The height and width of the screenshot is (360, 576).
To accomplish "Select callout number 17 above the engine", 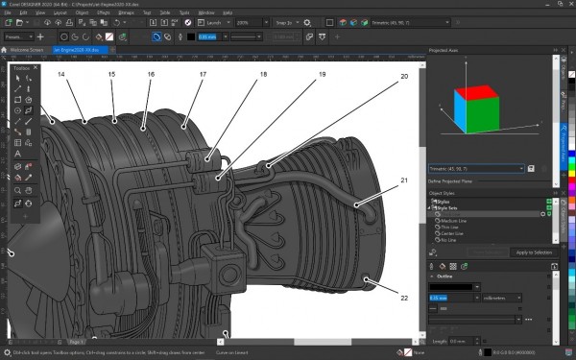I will [203, 74].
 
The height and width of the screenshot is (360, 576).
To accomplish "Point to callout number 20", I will [404, 75].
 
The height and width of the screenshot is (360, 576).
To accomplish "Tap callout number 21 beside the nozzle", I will [404, 180].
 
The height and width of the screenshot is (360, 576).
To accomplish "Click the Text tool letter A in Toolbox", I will [18, 153].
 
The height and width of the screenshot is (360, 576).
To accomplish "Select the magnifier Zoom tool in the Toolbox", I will [18, 190].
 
